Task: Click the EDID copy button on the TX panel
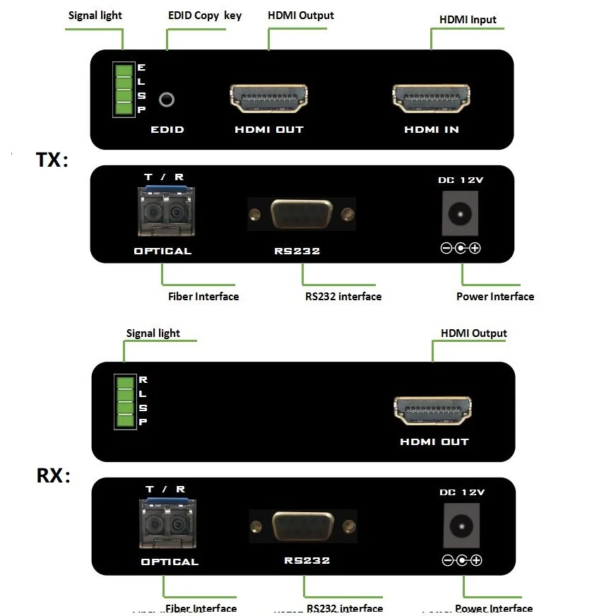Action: pyautogui.click(x=167, y=100)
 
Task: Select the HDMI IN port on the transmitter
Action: pyautogui.click(x=431, y=98)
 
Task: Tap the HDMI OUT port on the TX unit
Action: pyautogui.click(x=268, y=100)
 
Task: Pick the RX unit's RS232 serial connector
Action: pyautogui.click(x=304, y=526)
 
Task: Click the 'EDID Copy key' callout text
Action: pyautogui.click(x=205, y=16)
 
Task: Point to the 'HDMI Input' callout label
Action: pyautogui.click(x=468, y=20)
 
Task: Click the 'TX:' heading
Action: pyautogui.click(x=52, y=160)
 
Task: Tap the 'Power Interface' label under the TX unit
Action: pyautogui.click(x=494, y=297)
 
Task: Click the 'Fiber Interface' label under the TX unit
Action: pyautogui.click(x=203, y=297)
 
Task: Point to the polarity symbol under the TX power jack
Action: pyautogui.click(x=461, y=248)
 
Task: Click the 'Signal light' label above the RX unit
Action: pyautogui.click(x=153, y=333)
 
